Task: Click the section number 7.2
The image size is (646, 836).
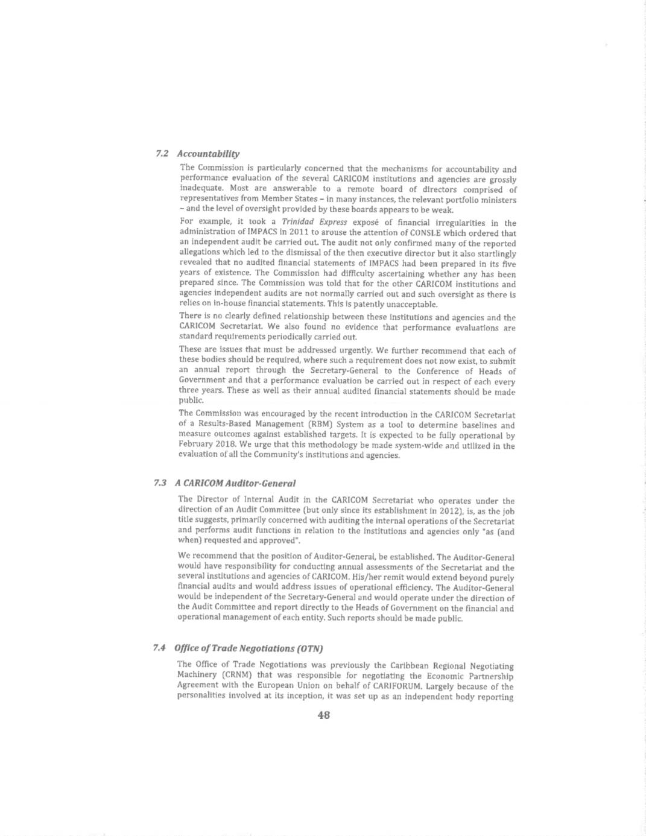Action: (161, 154)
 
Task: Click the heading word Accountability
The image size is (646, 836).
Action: (208, 154)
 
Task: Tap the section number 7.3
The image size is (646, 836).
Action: (160, 483)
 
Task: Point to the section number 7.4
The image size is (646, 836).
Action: (159, 648)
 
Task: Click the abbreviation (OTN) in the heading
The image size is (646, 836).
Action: (309, 648)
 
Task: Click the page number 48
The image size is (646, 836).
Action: (323, 715)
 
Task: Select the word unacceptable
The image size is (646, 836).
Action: (411, 304)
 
